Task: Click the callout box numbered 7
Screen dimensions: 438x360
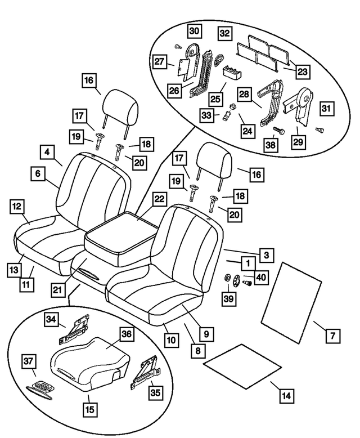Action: pos(332,336)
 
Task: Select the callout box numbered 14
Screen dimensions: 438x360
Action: pos(286,396)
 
